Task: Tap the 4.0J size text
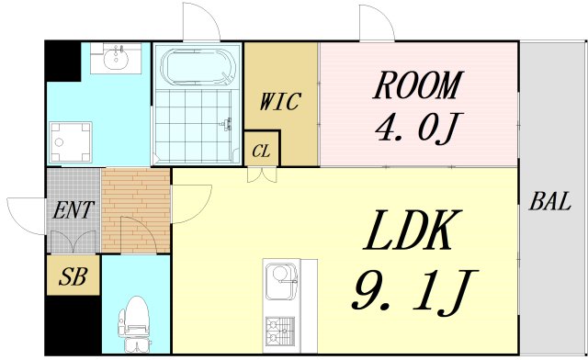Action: pos(419,127)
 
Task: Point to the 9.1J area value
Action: pos(414,292)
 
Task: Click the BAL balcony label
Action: pos(549,200)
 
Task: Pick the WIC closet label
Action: pos(280,101)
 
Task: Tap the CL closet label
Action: pos(261,152)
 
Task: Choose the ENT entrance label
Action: pos(73,210)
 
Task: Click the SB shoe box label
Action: pos(73,276)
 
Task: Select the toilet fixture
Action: pos(134,323)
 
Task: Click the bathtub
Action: pos(198,68)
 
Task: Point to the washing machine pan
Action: pos(71,142)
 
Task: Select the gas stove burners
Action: pos(280,332)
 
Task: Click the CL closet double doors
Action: pos(262,174)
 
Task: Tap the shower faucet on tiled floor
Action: pos(227,124)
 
